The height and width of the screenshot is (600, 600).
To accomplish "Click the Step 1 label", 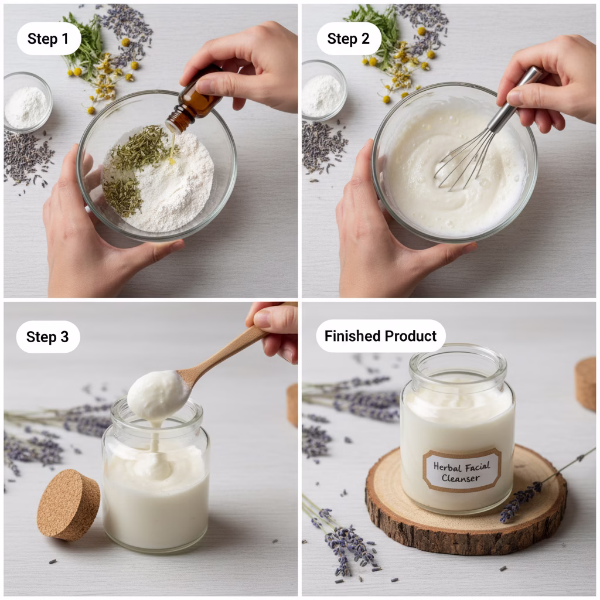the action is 49,39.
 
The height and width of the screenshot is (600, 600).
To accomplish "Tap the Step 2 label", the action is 349,39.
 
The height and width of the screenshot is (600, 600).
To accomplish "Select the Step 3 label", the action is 48,337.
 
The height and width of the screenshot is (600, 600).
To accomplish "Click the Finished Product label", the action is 381,336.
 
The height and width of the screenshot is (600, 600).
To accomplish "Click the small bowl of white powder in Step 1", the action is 27,102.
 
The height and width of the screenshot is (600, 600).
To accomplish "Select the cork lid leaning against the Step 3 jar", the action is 69,504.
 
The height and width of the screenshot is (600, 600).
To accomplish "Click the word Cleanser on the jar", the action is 461,478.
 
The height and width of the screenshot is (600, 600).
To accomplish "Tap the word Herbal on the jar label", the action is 446,466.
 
